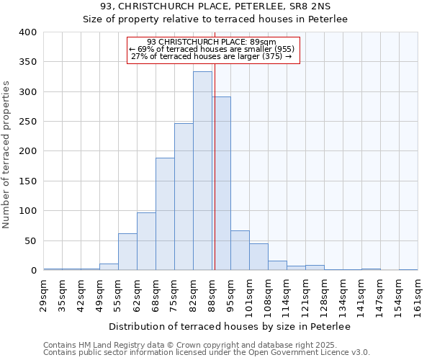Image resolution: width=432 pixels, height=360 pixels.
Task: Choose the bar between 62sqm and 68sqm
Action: click(x=146, y=241)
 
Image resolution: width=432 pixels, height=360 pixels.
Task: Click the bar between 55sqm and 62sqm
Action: click(x=127, y=252)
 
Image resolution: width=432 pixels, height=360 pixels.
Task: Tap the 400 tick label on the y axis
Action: click(x=27, y=32)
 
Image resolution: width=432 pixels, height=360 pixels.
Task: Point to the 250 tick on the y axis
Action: click(x=27, y=122)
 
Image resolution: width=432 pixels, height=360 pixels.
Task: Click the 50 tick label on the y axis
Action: click(x=30, y=240)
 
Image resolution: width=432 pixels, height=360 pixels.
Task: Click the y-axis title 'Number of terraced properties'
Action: click(x=7, y=154)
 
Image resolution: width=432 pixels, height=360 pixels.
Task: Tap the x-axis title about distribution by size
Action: click(x=230, y=327)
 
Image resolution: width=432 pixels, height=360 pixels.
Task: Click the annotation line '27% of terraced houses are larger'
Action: click(x=212, y=56)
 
